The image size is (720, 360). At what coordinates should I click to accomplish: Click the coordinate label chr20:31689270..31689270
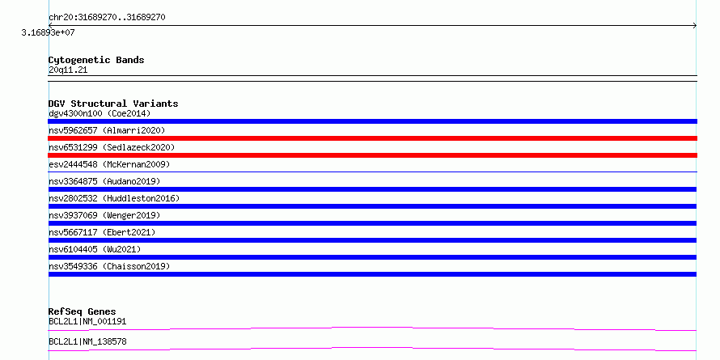click(107, 18)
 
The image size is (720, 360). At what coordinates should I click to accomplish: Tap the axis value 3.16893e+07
click(49, 33)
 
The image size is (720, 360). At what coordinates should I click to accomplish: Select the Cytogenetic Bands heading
click(96, 60)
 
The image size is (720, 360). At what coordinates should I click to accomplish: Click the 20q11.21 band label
click(68, 70)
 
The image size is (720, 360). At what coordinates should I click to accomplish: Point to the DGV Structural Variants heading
click(113, 104)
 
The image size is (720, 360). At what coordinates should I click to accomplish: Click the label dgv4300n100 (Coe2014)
click(100, 113)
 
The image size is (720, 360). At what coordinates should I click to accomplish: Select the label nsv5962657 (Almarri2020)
click(107, 130)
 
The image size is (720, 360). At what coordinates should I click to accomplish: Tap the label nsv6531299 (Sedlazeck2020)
click(112, 147)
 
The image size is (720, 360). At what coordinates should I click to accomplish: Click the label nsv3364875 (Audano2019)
click(104, 181)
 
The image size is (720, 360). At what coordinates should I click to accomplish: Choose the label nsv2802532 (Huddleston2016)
click(114, 198)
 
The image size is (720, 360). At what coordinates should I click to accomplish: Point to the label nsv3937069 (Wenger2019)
click(104, 215)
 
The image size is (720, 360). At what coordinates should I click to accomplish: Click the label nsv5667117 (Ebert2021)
click(103, 232)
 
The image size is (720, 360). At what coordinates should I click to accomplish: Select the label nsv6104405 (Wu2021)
click(95, 249)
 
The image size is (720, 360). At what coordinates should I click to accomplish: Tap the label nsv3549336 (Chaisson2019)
click(109, 266)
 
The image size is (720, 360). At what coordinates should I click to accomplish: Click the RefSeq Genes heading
click(83, 311)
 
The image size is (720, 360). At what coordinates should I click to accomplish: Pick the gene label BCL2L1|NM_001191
click(87, 321)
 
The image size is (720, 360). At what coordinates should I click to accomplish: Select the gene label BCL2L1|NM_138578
click(87, 341)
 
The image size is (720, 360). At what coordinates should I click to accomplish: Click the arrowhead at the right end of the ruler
click(695, 26)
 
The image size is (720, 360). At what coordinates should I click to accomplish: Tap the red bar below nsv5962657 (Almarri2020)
click(372, 138)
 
